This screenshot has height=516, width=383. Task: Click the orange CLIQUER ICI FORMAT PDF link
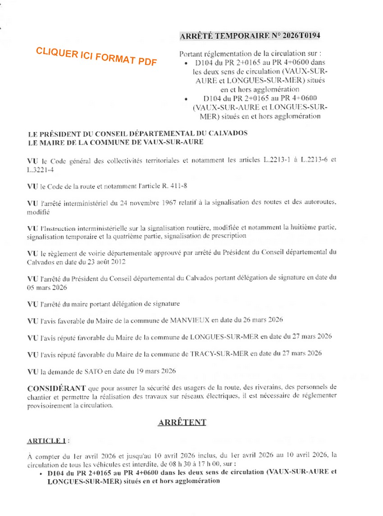pyautogui.click(x=96, y=57)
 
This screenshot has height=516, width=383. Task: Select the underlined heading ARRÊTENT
pyautogui.click(x=182, y=422)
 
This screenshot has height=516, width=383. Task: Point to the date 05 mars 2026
pyautogui.click(x=47, y=287)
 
